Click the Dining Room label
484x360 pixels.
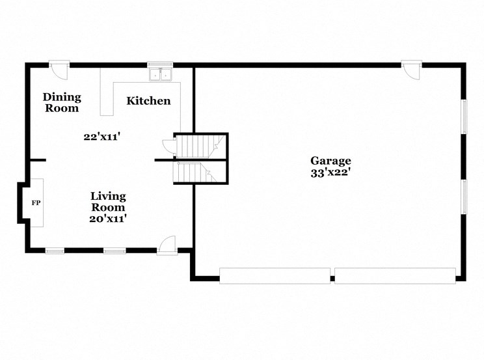[x=62, y=103]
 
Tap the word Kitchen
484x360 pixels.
[x=148, y=101]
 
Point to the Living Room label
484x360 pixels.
[x=108, y=201]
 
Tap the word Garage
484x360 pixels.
[x=330, y=161]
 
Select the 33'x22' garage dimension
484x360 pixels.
[x=330, y=173]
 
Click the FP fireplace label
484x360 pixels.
[x=36, y=203]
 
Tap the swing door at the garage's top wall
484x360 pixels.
[x=411, y=69]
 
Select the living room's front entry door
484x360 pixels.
[x=166, y=245]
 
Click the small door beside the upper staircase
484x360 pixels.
[x=168, y=146]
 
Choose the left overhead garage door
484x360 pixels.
[x=275, y=276]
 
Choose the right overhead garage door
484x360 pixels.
[x=395, y=276]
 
